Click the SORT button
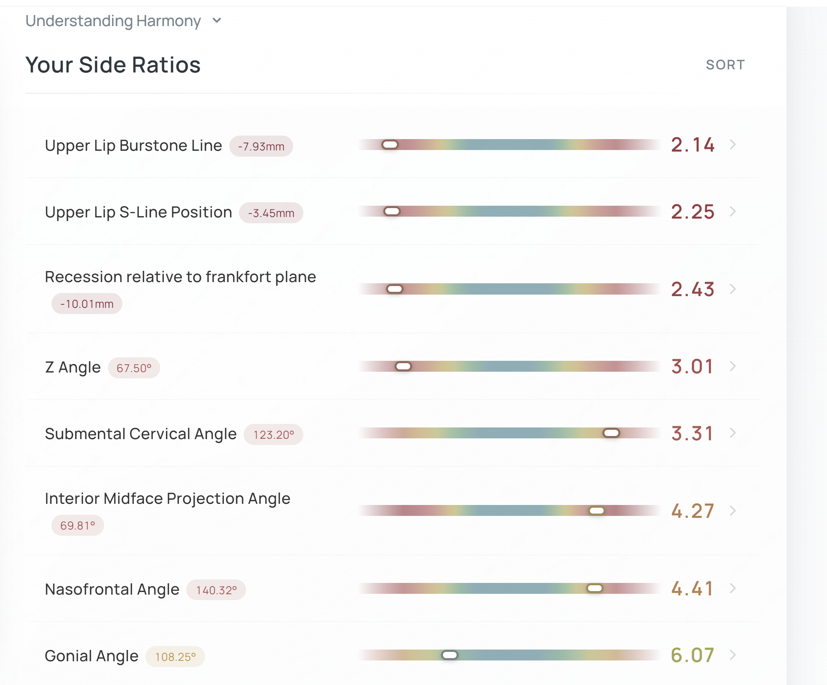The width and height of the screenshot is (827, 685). (725, 65)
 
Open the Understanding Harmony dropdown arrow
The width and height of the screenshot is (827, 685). (217, 21)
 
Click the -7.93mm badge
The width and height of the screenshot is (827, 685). (261, 147)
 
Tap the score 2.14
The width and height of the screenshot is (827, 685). (692, 145)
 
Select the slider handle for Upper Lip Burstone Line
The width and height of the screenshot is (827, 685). (390, 145)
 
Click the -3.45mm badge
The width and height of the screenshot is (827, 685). (271, 213)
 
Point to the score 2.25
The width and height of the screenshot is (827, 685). (692, 212)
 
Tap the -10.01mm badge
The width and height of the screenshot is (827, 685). (87, 304)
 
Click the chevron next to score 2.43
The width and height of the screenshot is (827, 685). (733, 289)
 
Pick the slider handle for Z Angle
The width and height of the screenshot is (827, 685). (403, 367)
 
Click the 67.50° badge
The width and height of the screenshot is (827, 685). (134, 368)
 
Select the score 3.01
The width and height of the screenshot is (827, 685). (692, 367)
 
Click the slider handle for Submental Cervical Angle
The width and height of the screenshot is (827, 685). (611, 433)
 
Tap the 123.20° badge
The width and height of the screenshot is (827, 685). (273, 435)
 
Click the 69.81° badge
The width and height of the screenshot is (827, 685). (78, 525)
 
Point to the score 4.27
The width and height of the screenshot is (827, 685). (692, 511)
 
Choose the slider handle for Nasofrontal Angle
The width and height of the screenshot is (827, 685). (595, 588)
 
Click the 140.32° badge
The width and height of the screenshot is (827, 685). (216, 590)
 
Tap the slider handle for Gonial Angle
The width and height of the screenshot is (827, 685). (450, 655)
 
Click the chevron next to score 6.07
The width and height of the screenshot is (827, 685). (733, 655)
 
